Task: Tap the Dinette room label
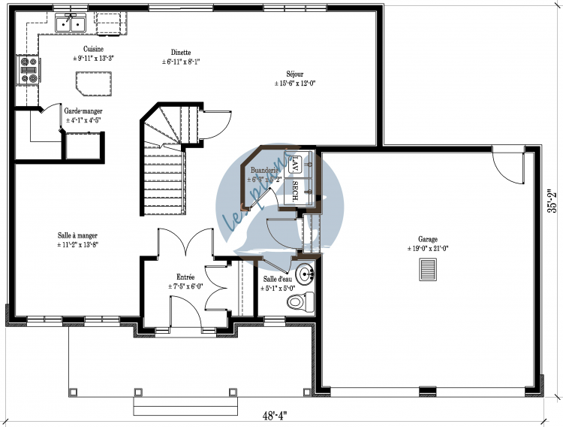point(180,52)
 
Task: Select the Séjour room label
point(295,74)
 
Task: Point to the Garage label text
point(428,240)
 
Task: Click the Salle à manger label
point(77,235)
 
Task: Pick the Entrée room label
point(185,277)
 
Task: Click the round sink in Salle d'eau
point(305,272)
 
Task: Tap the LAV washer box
point(295,163)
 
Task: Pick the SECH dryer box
point(295,189)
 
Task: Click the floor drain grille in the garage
point(428,269)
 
